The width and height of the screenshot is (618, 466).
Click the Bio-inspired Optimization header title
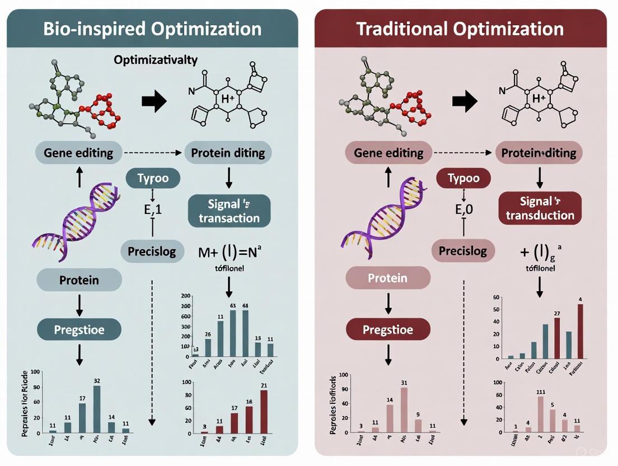point(152,29)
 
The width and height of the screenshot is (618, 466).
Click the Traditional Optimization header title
point(460,29)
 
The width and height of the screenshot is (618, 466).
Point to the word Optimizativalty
point(156,59)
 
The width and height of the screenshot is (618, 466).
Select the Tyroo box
point(152,179)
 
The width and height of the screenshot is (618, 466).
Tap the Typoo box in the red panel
point(463,179)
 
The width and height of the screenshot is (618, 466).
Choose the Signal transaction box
point(229,210)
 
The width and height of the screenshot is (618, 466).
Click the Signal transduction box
point(540,208)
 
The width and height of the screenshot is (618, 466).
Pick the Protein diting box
point(228,152)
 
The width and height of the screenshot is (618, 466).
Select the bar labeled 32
point(97,409)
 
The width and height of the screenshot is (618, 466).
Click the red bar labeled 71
point(264,412)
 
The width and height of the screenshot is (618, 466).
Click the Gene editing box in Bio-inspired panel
point(78,152)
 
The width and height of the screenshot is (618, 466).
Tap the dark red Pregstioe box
point(388,329)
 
